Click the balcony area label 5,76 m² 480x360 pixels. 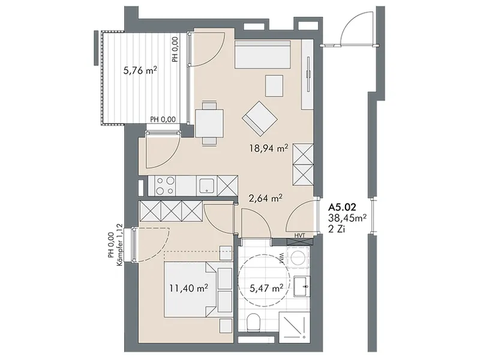pyautogui.click(x=140, y=71)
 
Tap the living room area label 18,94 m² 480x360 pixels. pyautogui.click(x=268, y=149)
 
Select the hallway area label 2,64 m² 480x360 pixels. pyautogui.click(x=265, y=199)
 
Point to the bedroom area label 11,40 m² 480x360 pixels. pyautogui.click(x=189, y=288)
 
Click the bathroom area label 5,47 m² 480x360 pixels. pyautogui.click(x=266, y=288)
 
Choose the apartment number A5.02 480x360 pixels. pyautogui.click(x=342, y=207)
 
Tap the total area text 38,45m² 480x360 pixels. pyautogui.click(x=347, y=218)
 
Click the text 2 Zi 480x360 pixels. pyautogui.click(x=337, y=229)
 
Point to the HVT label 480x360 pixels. pyautogui.click(x=300, y=235)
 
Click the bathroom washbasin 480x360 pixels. pyautogui.click(x=302, y=286)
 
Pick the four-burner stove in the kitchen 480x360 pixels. pyautogui.click(x=165, y=185)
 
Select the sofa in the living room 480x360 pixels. pyautogui.click(x=262, y=54)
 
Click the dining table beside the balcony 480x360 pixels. pyautogui.click(x=209, y=123)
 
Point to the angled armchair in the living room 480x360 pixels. pyautogui.click(x=260, y=119)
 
